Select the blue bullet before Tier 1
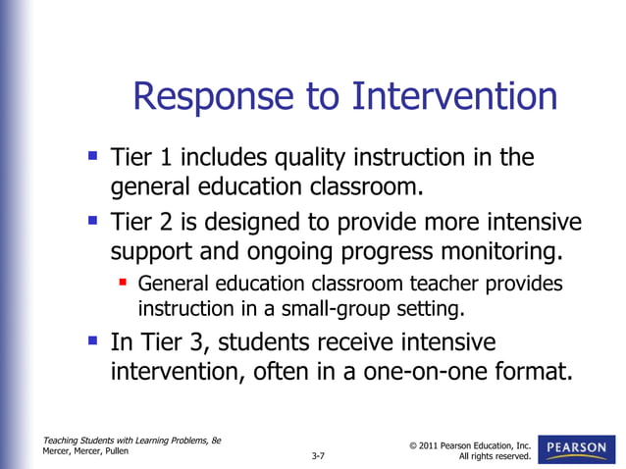(x=92, y=155)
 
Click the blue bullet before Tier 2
(x=92, y=220)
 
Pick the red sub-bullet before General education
(x=124, y=284)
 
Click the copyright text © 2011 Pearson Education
(x=468, y=446)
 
